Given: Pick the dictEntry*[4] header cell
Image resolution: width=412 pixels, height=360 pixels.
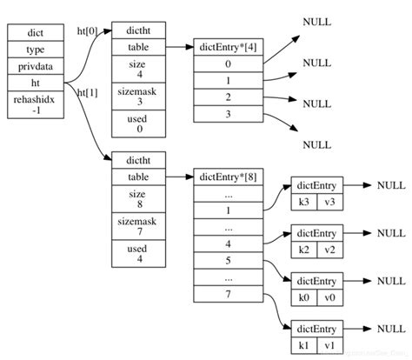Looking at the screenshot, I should coord(227,45).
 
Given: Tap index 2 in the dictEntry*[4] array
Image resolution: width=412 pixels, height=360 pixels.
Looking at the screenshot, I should coord(227,97).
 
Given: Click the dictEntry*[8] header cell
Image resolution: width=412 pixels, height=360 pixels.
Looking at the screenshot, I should coord(227,177).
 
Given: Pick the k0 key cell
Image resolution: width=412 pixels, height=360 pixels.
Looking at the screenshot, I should coord(304,297).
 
